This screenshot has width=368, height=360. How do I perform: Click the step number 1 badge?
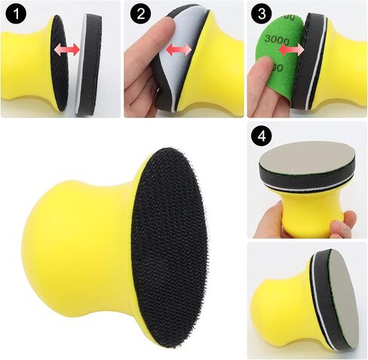17,14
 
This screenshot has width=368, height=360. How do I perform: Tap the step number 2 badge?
141,14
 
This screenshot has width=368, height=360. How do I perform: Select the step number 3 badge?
262,14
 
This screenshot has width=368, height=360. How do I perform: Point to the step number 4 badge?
262,137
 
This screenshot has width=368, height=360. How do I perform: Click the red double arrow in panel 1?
67,49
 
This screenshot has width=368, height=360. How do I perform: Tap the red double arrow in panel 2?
179,50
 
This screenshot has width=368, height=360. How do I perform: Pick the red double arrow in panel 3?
292,51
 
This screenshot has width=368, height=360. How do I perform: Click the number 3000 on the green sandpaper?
278,39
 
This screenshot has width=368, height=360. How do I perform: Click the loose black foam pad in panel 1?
90,64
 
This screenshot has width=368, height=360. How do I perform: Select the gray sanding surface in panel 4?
307,156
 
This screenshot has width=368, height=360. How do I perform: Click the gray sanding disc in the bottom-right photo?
342,300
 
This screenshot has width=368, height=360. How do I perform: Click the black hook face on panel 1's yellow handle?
60,63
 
